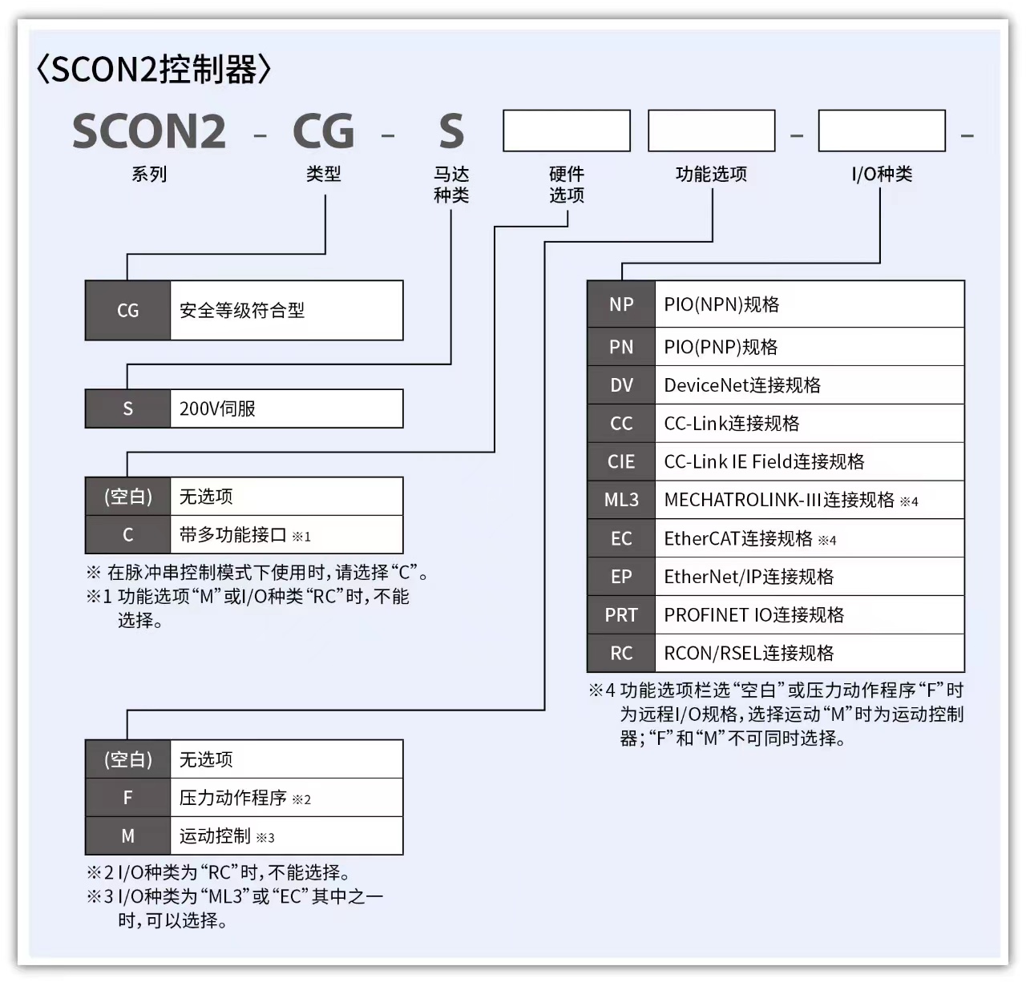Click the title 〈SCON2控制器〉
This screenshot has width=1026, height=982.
pos(154,70)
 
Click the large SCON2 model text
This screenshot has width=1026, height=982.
pos(149,131)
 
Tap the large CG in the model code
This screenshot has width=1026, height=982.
pos(323,131)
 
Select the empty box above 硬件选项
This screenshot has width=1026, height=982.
pos(567,131)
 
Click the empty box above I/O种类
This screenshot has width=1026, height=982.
pos(882,131)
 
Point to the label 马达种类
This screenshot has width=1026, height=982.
pos(451,184)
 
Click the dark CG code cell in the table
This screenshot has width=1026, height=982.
pos(127,311)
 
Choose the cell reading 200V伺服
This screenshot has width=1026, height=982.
pos(286,408)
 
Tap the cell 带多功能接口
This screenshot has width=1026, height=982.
pos(286,535)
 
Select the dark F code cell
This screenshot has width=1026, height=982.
pos(127,798)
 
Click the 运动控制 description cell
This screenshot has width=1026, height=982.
pos(286,836)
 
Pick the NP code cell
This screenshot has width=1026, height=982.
pos(621,304)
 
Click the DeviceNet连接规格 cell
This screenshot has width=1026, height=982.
pos(809,385)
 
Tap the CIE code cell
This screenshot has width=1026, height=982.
pos(621,462)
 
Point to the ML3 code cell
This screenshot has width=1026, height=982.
pos(621,500)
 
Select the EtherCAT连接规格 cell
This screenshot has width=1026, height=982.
pos(809,538)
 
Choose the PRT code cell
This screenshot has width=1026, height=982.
pos(621,615)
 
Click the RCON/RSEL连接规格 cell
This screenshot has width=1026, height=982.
pos(809,654)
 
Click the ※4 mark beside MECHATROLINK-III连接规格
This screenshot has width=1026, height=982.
pos(909,502)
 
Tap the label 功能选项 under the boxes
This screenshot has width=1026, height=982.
pos(711,174)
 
